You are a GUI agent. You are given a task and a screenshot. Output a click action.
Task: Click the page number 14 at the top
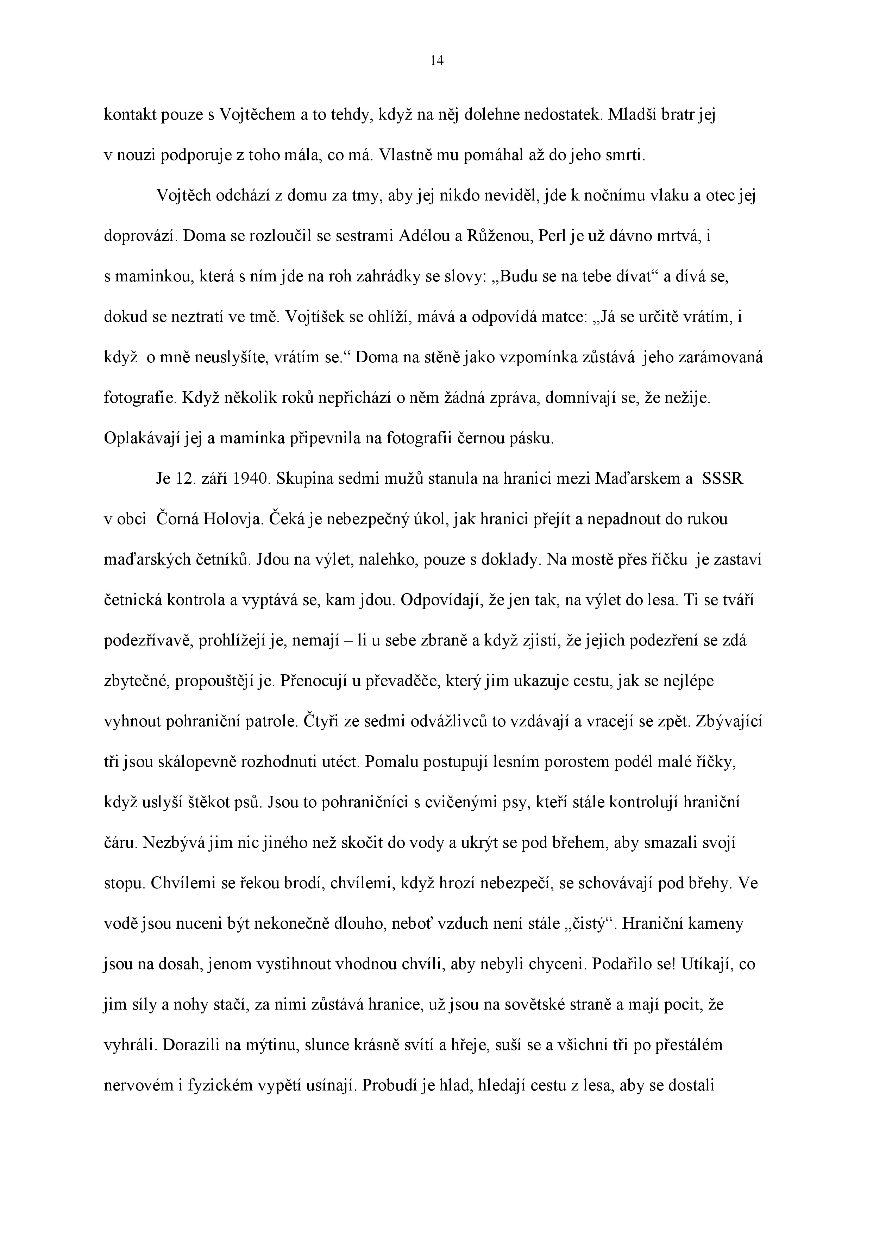(x=437, y=61)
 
